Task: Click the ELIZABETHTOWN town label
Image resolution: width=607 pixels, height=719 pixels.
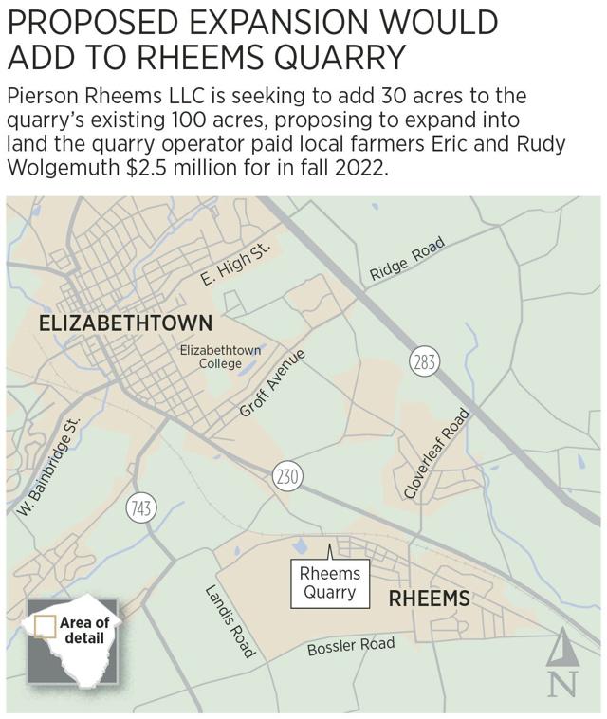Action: tap(125, 323)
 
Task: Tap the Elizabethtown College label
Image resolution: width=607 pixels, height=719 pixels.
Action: tap(221, 357)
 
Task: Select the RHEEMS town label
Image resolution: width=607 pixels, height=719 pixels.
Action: tap(430, 599)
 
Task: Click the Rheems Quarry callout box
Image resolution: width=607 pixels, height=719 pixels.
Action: tap(330, 582)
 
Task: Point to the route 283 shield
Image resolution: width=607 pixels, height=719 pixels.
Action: tap(423, 360)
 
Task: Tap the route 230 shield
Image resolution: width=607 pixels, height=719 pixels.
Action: tap(286, 475)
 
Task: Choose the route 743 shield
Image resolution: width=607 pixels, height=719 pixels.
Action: tap(140, 509)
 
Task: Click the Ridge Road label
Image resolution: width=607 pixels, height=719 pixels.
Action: tap(407, 259)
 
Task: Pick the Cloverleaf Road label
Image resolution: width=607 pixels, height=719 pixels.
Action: tap(437, 453)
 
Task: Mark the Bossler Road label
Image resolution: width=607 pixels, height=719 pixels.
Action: tap(350, 647)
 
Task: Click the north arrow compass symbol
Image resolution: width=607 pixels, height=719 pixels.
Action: tap(561, 661)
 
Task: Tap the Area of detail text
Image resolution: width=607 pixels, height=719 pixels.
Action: tap(84, 630)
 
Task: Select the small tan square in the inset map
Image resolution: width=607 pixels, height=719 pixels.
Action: tap(44, 627)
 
